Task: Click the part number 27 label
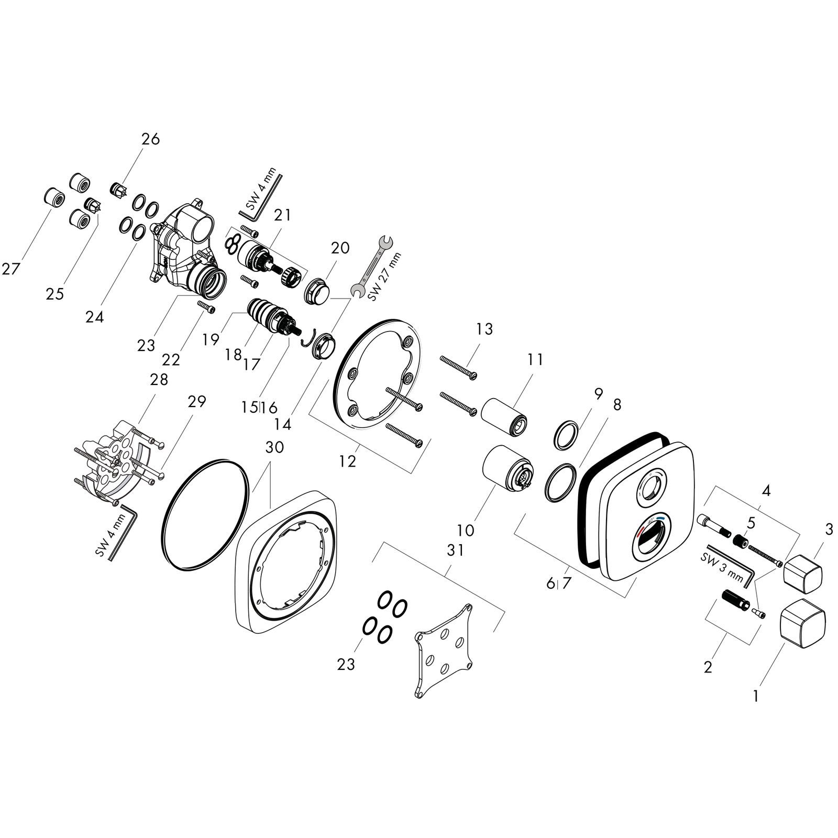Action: coord(10,269)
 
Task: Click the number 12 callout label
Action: coord(347,461)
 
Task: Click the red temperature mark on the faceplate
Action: coord(641,534)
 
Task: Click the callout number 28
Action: coord(159,379)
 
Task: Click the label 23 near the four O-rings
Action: coord(346,664)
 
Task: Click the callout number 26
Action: coord(150,139)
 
